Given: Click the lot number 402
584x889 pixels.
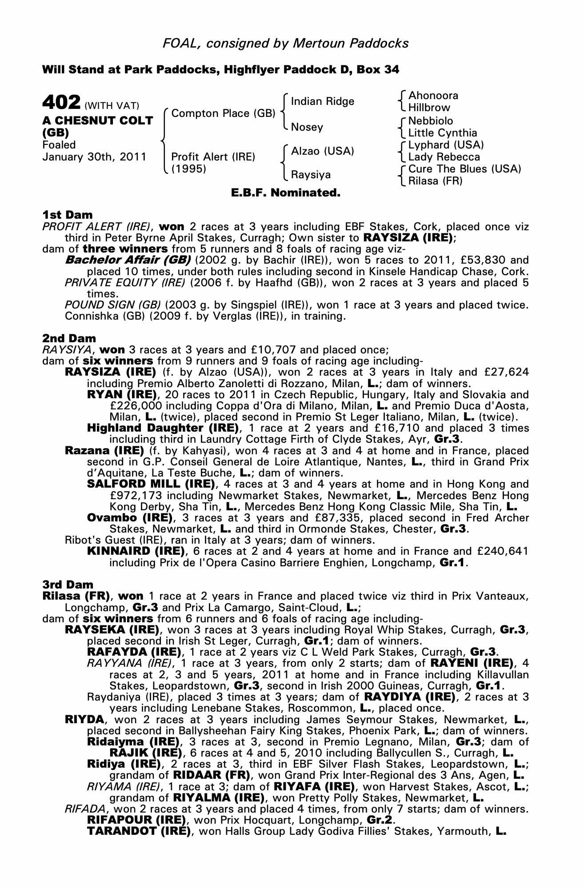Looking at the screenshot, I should coord(61,102).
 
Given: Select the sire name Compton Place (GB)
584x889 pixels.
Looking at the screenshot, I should coord(223,113).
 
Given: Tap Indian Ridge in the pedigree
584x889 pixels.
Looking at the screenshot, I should coord(322,101).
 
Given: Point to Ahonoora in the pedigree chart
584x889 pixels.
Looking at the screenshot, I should coord(433,96).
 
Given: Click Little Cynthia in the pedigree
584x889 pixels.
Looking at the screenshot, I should coord(442,133).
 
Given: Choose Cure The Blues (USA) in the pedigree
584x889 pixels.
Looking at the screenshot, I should coord(464,169).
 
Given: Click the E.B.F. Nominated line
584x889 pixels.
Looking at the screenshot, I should coord(286,193).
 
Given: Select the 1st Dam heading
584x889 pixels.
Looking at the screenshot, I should coord(67,215).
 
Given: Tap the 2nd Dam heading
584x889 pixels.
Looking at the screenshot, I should coord(68,338).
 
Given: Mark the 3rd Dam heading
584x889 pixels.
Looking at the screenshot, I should coord(68,585).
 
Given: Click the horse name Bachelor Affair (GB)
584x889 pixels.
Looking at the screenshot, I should coord(128,260).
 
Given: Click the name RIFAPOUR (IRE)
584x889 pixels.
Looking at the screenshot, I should coord(136,819).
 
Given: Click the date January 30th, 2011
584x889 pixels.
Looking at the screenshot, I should coord(94,157).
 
